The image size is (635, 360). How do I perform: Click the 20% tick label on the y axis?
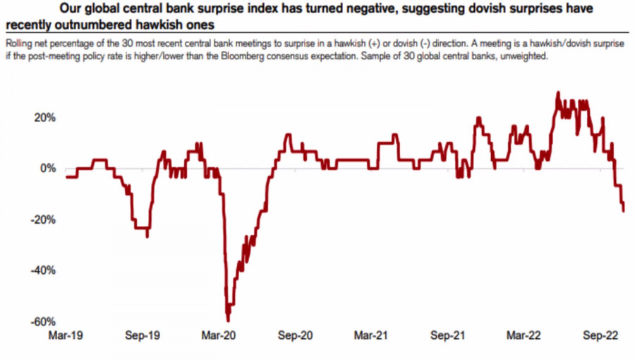point(44,117)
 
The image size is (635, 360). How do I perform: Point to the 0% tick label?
point(47,169)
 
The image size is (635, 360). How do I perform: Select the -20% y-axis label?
point(42,220)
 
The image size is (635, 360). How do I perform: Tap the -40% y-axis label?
point(42,270)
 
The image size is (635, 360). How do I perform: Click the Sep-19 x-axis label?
point(143,337)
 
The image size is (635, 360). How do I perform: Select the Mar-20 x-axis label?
point(219,337)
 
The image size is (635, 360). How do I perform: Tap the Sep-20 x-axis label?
point(296,337)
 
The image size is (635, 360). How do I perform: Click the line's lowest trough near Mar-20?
point(228,321)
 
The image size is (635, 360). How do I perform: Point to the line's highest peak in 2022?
point(558,92)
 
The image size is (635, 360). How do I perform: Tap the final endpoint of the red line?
point(624,210)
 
